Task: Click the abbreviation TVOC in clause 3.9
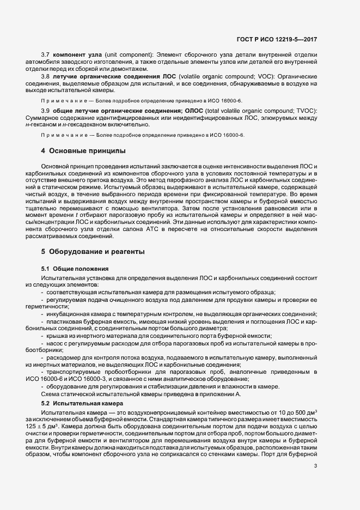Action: point(306,112)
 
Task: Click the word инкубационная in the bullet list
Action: point(68,314)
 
